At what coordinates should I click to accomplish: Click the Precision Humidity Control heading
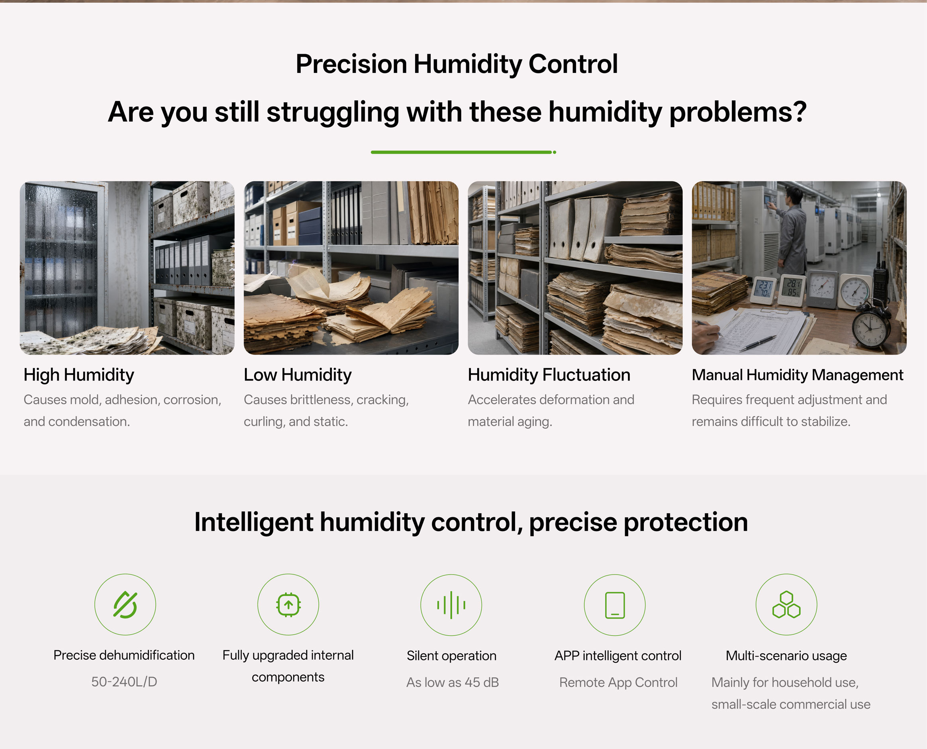point(457,64)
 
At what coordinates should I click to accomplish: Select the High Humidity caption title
point(79,375)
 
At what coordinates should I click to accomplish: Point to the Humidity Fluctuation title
point(549,375)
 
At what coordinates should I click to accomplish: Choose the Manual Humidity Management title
point(797,375)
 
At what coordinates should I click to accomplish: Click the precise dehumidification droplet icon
point(125,605)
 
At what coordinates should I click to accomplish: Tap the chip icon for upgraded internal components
point(288,605)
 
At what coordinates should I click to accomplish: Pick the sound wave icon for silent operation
point(451,605)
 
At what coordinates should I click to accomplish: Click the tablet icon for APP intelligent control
point(615,605)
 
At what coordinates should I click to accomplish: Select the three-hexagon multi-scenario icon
point(786,605)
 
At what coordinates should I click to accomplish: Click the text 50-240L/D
point(124,682)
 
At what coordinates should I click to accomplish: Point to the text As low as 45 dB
point(453,682)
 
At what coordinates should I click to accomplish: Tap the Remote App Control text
point(618,682)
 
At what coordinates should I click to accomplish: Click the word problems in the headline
point(737,112)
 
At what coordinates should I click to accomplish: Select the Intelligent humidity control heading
point(471,522)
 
